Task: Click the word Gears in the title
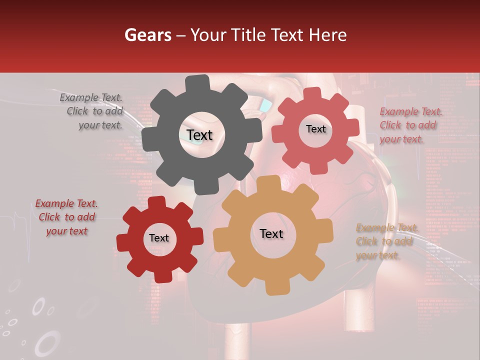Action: [x=147, y=35]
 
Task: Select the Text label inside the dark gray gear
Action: [x=199, y=135]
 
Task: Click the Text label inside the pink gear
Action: [x=315, y=129]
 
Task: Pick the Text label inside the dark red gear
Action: [x=159, y=238]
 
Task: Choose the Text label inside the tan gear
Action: [x=271, y=234]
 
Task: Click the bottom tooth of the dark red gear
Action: [x=160, y=276]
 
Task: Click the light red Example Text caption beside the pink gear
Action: [x=410, y=125]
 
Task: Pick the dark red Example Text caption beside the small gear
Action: [x=66, y=217]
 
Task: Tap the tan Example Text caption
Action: [x=386, y=241]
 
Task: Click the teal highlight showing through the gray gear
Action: [x=266, y=105]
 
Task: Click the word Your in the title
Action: [x=206, y=35]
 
